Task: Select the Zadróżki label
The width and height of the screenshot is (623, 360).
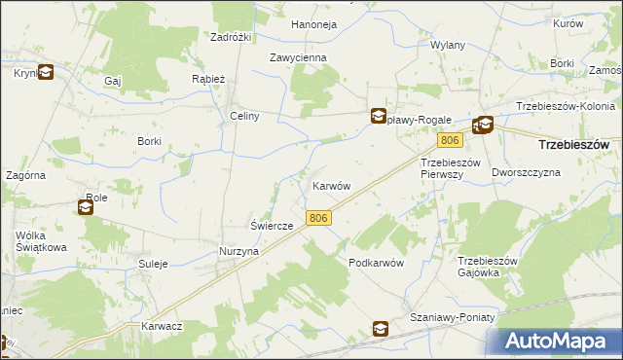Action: (x=232, y=37)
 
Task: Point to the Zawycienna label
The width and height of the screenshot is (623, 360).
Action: (x=298, y=57)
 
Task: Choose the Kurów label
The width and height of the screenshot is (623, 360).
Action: (x=594, y=23)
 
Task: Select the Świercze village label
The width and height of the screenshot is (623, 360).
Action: (x=273, y=226)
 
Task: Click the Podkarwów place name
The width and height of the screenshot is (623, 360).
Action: (x=376, y=264)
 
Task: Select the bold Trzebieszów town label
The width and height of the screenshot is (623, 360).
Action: (x=574, y=144)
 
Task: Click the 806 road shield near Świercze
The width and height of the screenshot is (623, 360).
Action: (x=318, y=219)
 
